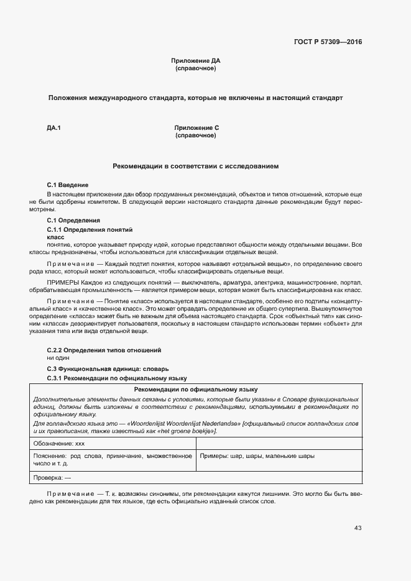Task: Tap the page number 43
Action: tap(358, 528)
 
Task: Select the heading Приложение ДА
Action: tap(195, 61)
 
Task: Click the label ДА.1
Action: tap(53, 128)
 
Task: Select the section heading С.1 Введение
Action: tap(68, 185)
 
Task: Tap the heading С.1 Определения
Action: tap(73, 221)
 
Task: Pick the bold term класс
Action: tap(56, 237)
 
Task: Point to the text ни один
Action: tap(58, 358)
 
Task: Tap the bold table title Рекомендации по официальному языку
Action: tap(196, 388)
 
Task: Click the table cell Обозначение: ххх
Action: tap(59, 444)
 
